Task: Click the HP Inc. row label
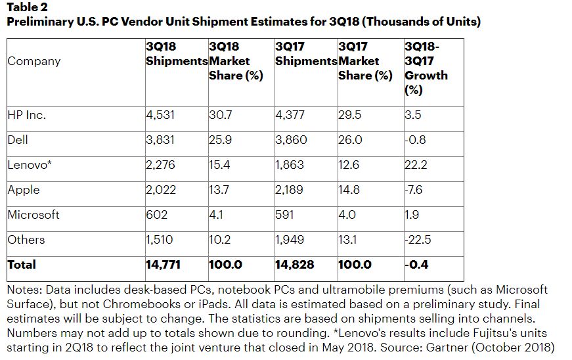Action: point(26,115)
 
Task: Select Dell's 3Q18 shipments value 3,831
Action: point(160,140)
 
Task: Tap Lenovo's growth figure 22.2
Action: point(416,165)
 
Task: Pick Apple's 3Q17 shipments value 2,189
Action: point(290,190)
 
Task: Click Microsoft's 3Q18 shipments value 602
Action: point(157,215)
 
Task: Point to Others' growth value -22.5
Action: point(418,240)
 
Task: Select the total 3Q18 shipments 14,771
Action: point(163,265)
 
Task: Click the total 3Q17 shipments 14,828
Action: point(294,265)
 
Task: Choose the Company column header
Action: point(33,61)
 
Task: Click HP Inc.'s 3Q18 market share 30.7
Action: point(220,115)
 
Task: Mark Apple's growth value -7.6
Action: point(415,190)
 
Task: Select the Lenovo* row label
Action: point(29,165)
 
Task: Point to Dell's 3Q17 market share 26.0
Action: point(349,140)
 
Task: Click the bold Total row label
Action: point(22,265)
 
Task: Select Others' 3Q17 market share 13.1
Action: point(347,240)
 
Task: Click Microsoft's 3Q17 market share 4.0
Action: point(347,215)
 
